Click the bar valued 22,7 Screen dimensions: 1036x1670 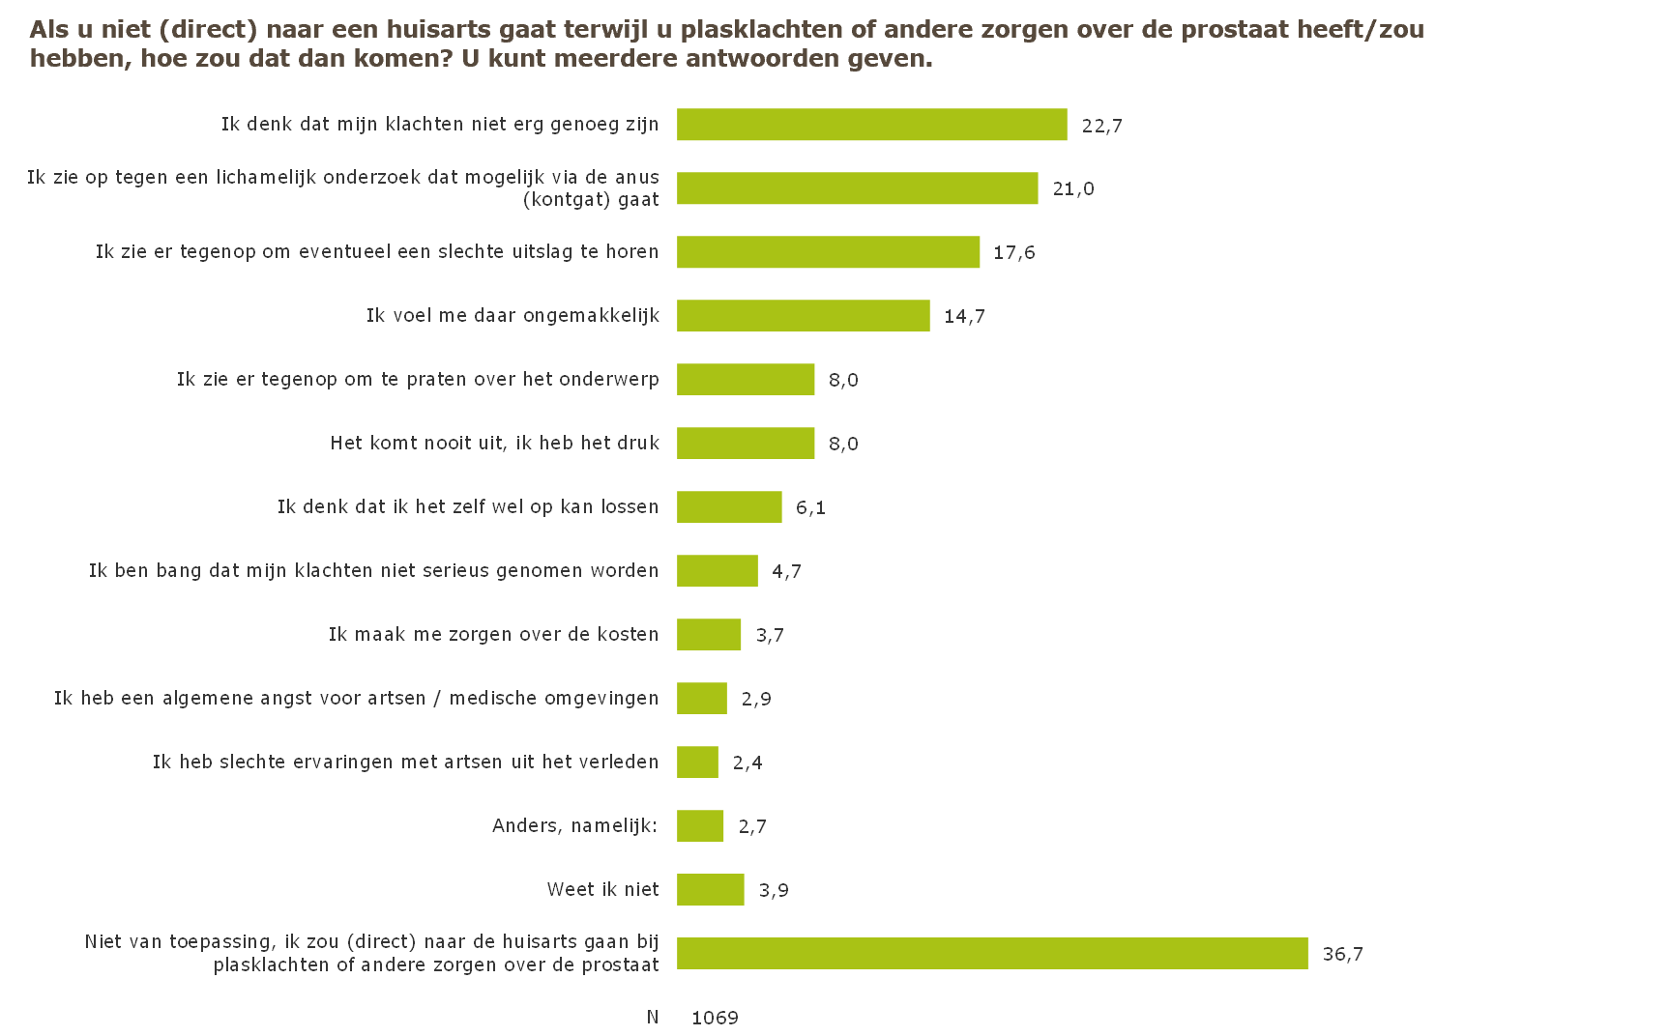(x=871, y=125)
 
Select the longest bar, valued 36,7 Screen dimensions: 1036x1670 (x=992, y=954)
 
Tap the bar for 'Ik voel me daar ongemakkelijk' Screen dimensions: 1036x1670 (x=803, y=316)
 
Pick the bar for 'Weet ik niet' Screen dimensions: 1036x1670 (x=710, y=890)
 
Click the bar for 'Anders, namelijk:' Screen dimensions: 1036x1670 (x=700, y=826)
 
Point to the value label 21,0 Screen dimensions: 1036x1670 (x=1073, y=189)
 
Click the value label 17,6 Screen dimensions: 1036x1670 (x=1014, y=253)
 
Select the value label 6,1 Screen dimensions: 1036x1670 (x=810, y=508)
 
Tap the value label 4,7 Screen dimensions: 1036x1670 (x=786, y=572)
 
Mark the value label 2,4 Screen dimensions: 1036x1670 (x=747, y=763)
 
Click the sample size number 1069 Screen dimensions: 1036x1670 (x=715, y=1018)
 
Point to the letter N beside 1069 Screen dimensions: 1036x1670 (x=653, y=1017)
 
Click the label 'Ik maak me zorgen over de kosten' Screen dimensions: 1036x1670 (x=493, y=635)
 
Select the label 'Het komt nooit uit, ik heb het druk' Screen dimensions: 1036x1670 (x=494, y=444)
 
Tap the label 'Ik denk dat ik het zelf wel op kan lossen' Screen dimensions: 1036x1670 (x=468, y=507)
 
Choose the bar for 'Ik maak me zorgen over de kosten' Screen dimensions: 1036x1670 (x=709, y=635)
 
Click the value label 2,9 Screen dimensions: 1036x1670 (x=756, y=700)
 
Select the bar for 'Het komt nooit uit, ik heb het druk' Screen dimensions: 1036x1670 (x=746, y=444)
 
